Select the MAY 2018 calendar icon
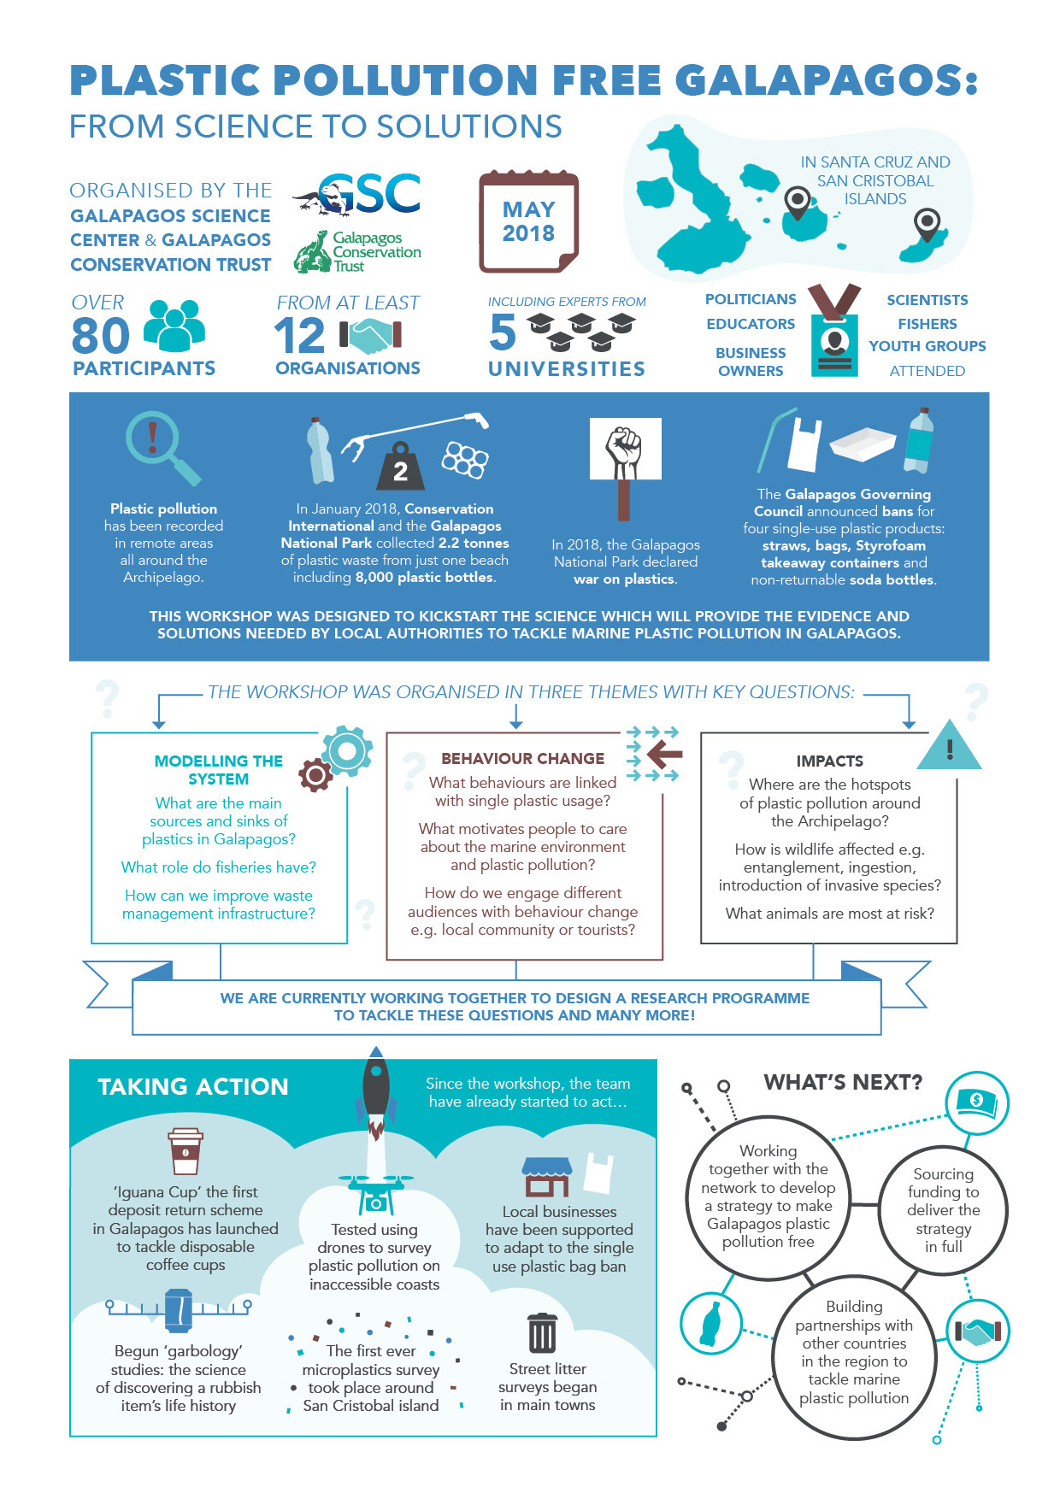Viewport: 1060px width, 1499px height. (x=528, y=221)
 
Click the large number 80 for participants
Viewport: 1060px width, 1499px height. (x=101, y=335)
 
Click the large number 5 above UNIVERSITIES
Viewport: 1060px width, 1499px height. (x=503, y=332)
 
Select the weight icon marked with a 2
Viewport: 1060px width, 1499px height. (x=400, y=467)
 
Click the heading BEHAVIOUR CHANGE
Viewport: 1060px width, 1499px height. (x=522, y=758)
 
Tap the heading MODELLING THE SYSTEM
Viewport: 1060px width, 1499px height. (x=219, y=770)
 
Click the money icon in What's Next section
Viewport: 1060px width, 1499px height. (x=977, y=1102)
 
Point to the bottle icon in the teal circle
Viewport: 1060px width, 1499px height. (x=710, y=1322)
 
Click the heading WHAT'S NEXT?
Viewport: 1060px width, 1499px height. (x=842, y=1083)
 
